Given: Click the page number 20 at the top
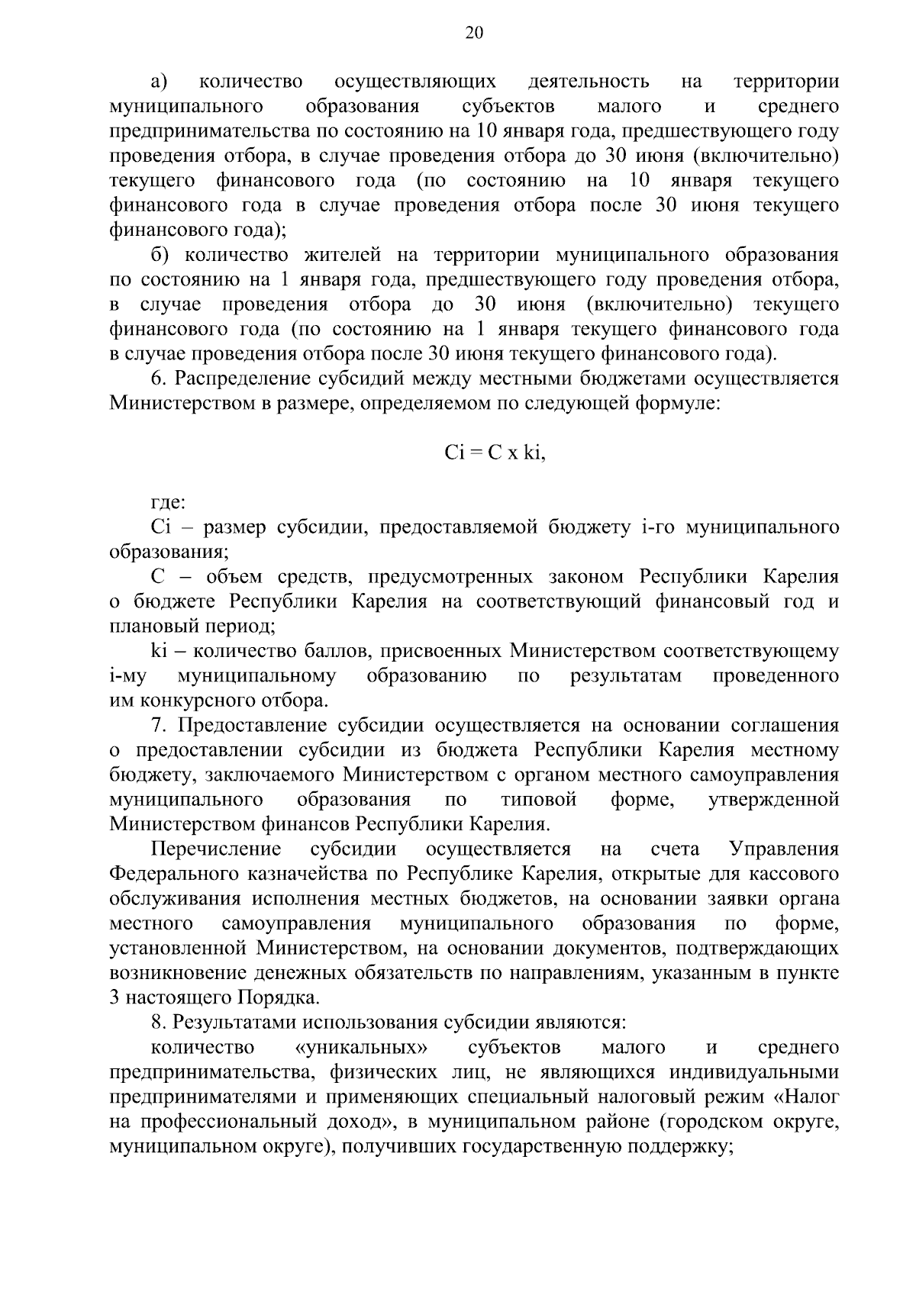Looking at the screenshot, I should (473, 32).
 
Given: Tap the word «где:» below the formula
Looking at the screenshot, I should (168, 502).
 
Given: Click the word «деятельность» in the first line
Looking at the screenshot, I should (589, 82).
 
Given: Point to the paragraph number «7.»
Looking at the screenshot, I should (160, 726).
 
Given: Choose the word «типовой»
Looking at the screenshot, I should (539, 800).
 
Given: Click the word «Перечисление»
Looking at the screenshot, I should (216, 849).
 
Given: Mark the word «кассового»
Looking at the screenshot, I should (797, 874).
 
